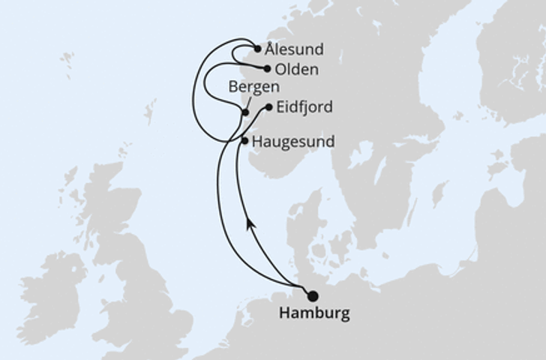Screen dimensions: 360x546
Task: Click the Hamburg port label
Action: (x=314, y=313)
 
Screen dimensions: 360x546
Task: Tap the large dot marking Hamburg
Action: (x=312, y=296)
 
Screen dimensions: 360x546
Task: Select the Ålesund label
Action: (x=295, y=50)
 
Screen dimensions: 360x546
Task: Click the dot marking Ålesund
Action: (x=258, y=49)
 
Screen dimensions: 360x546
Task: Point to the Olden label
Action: (x=297, y=70)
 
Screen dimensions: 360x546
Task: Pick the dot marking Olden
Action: (x=267, y=68)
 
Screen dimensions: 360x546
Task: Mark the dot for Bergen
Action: (x=245, y=112)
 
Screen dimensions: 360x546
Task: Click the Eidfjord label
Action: (x=304, y=107)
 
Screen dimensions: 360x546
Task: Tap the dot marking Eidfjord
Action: (x=269, y=107)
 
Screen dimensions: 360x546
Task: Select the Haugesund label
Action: (x=294, y=141)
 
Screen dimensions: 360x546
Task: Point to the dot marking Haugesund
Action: (x=244, y=140)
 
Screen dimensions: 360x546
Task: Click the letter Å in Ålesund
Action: (x=270, y=49)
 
